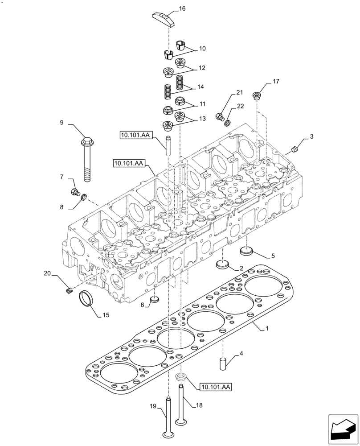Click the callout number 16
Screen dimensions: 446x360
point(182,8)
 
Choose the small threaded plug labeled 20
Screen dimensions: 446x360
point(69,291)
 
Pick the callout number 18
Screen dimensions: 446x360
point(199,405)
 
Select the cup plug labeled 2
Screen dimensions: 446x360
point(222,264)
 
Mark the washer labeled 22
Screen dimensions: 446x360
point(228,122)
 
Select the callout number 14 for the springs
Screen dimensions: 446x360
point(201,87)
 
